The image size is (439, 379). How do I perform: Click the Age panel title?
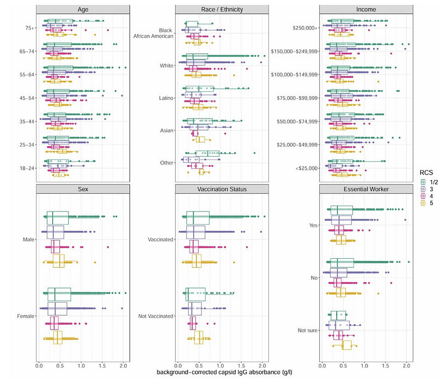click(83, 9)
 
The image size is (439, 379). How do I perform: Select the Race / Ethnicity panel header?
click(222, 9)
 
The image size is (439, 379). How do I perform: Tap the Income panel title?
click(366, 9)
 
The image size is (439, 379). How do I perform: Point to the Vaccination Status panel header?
click(222, 189)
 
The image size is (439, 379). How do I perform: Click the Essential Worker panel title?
click(366, 189)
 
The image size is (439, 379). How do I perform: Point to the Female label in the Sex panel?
click(25, 316)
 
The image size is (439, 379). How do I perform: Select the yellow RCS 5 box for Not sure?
click(347, 345)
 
